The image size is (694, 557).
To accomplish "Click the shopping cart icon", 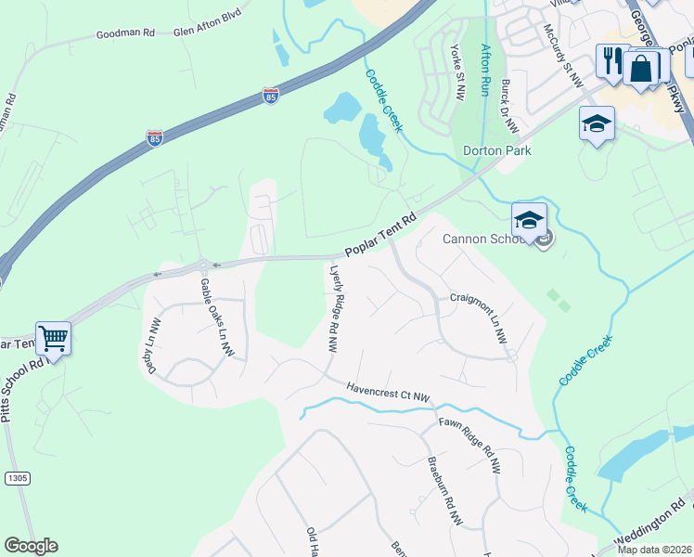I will (54, 338).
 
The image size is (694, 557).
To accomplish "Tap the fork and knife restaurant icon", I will (612, 61).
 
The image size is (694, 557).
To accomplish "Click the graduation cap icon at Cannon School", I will (529, 220).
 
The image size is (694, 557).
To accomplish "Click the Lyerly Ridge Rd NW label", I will (334, 309).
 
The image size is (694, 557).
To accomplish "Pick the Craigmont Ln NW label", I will (480, 318).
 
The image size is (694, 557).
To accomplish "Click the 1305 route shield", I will (17, 477).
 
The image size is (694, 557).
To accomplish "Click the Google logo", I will (31, 546).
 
